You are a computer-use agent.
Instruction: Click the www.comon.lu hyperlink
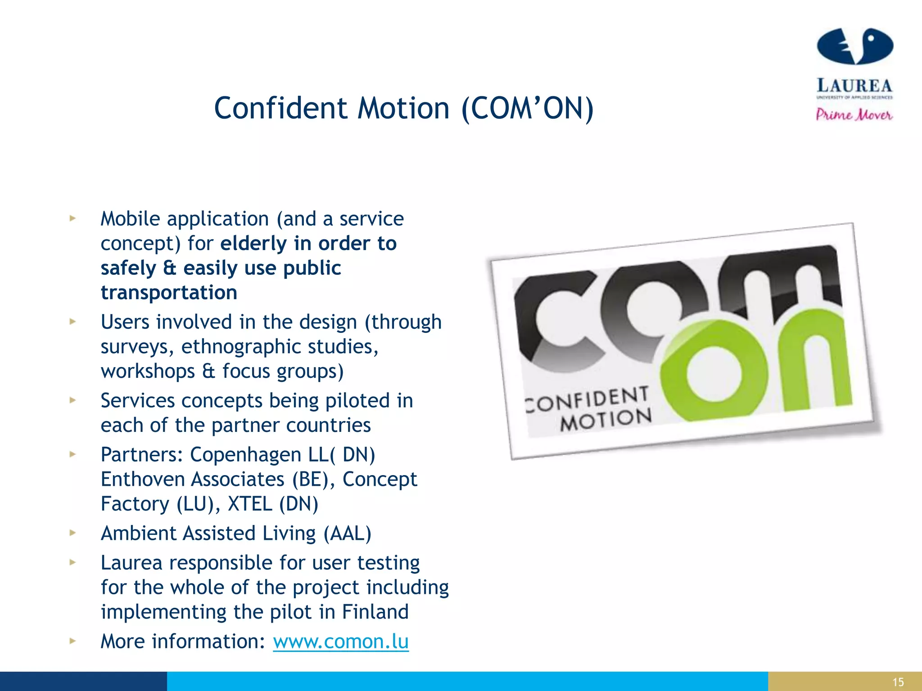tap(341, 641)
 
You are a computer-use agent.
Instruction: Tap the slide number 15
tap(898, 682)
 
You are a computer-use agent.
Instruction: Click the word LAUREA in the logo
tap(854, 85)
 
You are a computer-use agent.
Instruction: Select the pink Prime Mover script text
tap(854, 115)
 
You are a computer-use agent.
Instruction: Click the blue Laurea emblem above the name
tap(854, 46)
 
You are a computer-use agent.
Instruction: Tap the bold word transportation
tap(169, 292)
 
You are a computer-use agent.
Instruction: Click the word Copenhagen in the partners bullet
tap(245, 455)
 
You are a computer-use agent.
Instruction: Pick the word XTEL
tap(250, 504)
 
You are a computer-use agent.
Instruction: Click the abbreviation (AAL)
tap(348, 534)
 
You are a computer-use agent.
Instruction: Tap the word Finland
tap(375, 612)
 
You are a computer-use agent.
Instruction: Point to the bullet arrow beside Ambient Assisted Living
tap(72, 533)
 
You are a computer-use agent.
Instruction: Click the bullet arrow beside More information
tap(72, 641)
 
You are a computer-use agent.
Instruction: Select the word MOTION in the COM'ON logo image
tap(606, 420)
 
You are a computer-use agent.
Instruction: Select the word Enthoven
tap(145, 480)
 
